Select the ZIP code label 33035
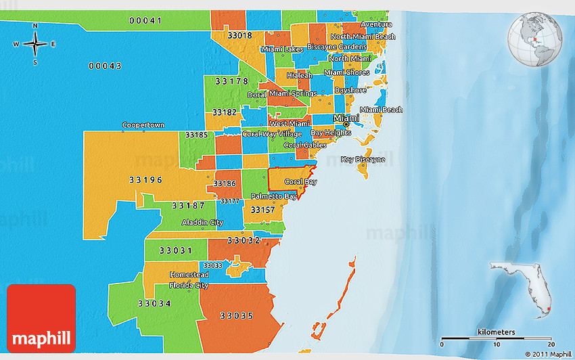[236, 315]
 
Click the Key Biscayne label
[363, 160]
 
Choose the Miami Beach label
[381, 110]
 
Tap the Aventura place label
[376, 24]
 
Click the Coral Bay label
[300, 182]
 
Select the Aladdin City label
[202, 223]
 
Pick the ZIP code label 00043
[105, 66]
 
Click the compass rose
[35, 44]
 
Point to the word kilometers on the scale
[496, 332]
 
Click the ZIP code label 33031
[175, 250]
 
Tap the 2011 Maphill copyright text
[548, 354]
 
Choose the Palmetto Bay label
[274, 196]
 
